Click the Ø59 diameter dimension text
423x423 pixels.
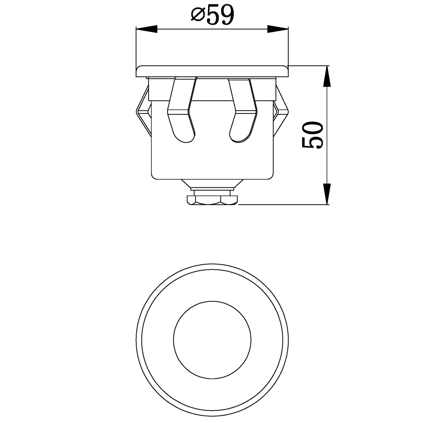pos(212,16)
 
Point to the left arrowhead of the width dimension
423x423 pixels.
pos(147,28)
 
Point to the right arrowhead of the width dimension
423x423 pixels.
pos(278,28)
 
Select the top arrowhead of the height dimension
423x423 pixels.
pos(327,76)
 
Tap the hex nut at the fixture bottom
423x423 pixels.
pos(212,200)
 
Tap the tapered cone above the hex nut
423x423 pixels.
pos(212,183)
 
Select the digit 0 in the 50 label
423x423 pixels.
pos(312,129)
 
